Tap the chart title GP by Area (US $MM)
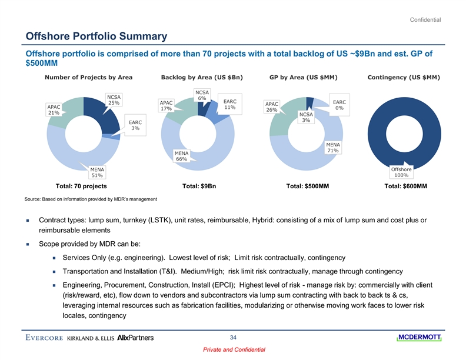click(x=305, y=77)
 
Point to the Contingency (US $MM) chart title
click(x=404, y=77)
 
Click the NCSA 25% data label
click(x=114, y=100)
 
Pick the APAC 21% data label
click(x=55, y=110)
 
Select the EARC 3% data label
click(x=135, y=125)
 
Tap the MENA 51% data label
click(x=97, y=172)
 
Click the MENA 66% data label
click(x=181, y=156)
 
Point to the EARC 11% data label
click(x=229, y=105)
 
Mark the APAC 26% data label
click(x=272, y=106)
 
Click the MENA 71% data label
click(x=332, y=148)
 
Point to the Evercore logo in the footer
click(x=45, y=338)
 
